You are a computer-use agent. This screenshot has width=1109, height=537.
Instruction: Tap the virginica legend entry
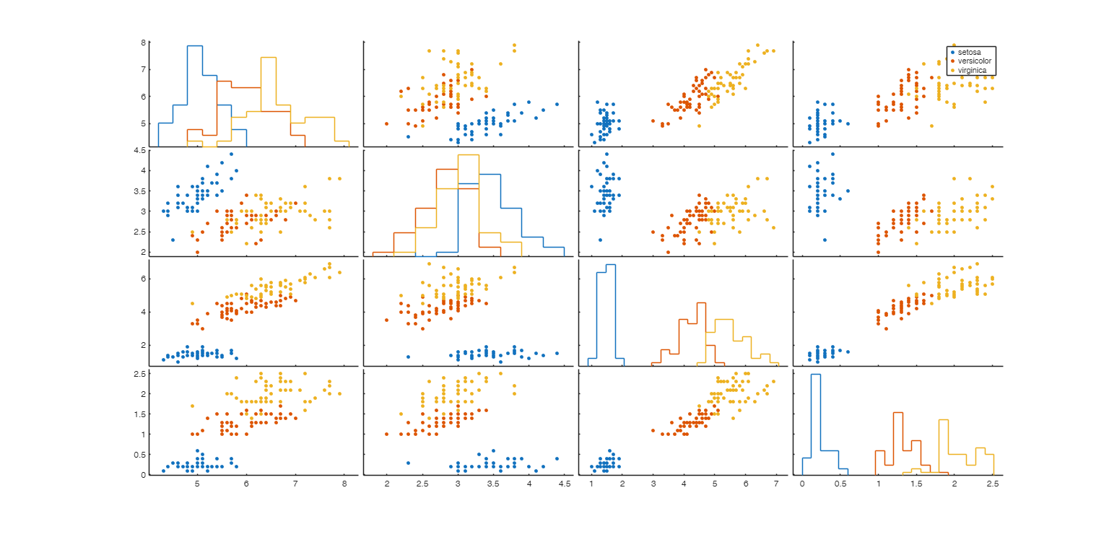[x=972, y=70]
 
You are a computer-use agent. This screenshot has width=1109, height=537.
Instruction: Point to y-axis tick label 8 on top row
[x=144, y=43]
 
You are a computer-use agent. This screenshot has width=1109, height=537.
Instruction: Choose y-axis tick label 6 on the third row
[x=144, y=279]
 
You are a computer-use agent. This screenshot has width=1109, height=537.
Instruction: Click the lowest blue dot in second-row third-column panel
[x=600, y=240]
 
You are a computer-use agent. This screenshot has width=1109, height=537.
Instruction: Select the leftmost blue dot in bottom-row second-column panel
[x=408, y=463]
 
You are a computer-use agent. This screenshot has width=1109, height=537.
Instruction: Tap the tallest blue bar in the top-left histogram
[x=194, y=46]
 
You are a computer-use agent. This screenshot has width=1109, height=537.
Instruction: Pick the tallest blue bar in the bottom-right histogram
[x=816, y=375]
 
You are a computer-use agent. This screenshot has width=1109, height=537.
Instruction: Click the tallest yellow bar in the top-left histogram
[x=268, y=58]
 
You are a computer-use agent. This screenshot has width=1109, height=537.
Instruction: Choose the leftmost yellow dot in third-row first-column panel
[x=192, y=303]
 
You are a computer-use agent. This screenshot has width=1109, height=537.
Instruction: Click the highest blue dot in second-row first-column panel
[x=231, y=154]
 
